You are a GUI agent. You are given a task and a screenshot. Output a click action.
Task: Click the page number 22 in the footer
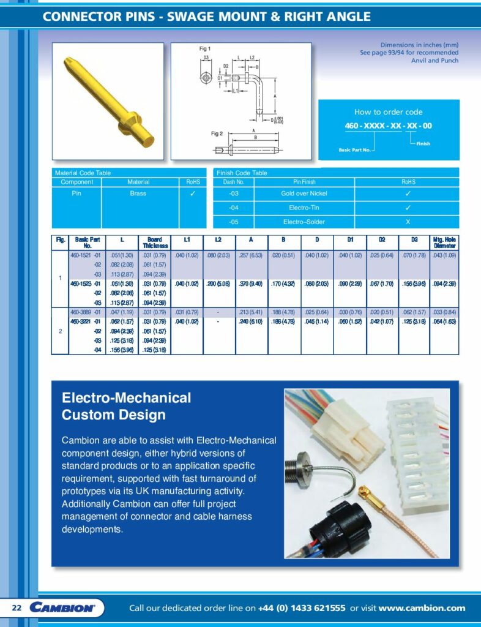coord(17,608)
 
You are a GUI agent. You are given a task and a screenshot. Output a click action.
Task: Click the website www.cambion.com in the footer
coord(422,608)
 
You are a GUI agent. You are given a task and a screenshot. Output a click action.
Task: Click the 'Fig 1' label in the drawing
coord(205,48)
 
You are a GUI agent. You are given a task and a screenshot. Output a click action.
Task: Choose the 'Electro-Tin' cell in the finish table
coord(304,208)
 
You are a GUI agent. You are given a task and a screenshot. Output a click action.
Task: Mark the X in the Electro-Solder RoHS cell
coord(408,222)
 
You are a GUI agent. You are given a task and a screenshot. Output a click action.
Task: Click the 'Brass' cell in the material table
coord(138,193)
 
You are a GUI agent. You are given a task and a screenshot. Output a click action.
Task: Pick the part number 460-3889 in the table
coord(81,312)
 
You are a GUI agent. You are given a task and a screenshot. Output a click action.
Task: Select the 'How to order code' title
coord(389,112)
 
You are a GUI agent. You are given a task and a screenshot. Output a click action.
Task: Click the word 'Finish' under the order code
coord(423,144)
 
